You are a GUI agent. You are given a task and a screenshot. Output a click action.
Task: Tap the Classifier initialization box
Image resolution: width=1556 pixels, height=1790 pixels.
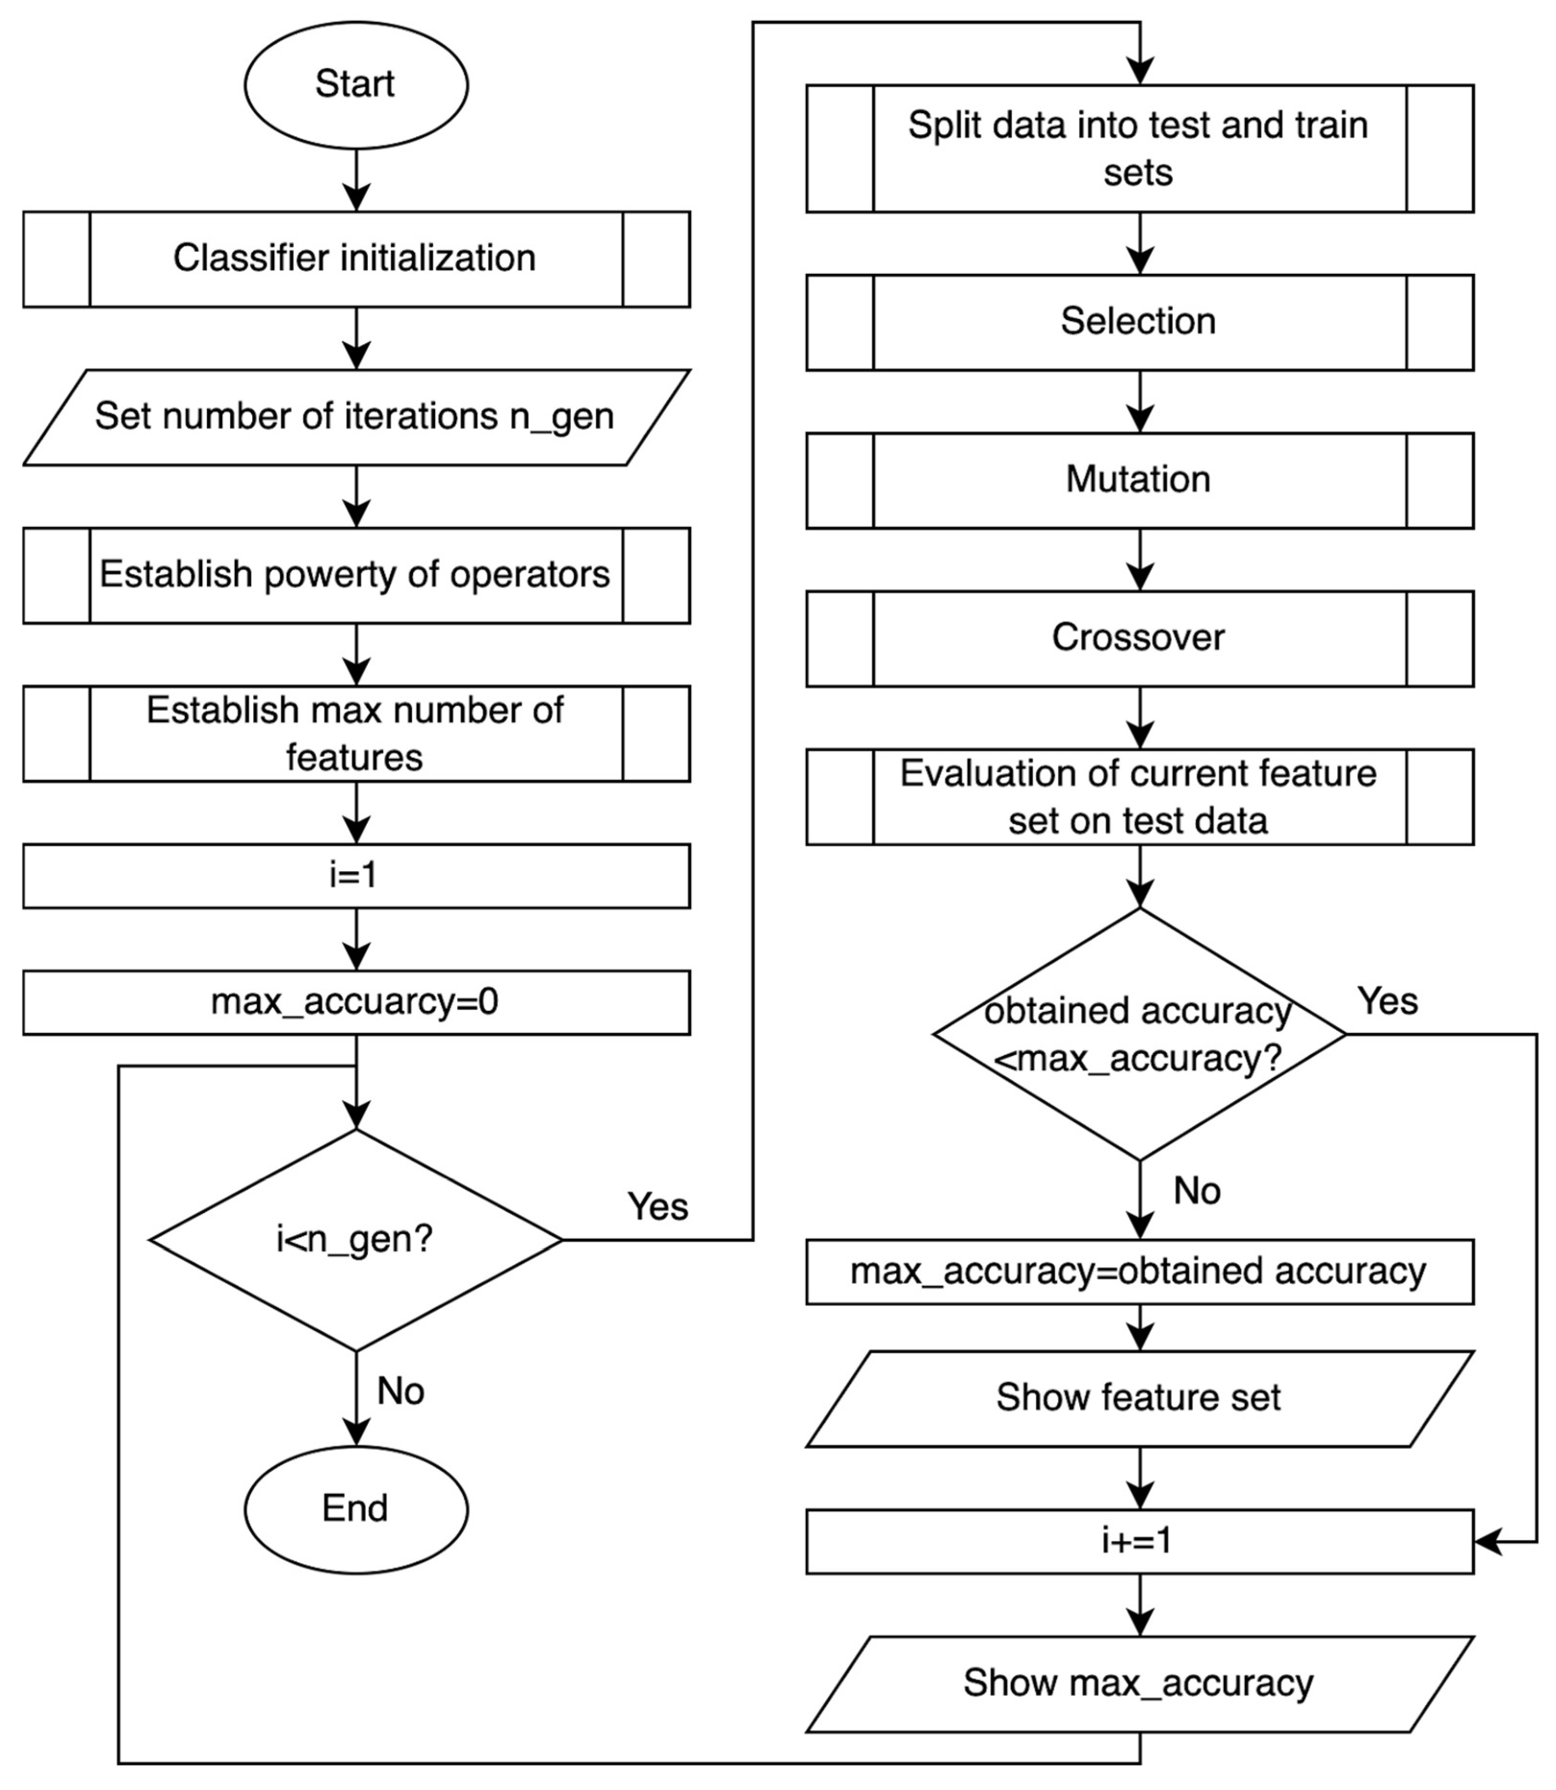(356, 259)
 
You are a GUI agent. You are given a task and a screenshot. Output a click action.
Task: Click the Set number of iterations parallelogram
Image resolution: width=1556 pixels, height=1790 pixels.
(356, 417)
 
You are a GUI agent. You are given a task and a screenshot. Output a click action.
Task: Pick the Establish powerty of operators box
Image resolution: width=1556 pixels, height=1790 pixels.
(356, 575)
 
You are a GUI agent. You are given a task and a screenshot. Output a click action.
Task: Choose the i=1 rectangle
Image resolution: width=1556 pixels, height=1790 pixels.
(356, 876)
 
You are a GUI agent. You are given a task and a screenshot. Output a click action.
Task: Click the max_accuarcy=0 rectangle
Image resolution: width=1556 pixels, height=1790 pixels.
(356, 1002)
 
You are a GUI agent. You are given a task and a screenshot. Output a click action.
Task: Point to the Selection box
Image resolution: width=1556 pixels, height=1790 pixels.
(1139, 322)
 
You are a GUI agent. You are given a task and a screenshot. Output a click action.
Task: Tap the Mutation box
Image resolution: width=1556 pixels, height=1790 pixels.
(1139, 480)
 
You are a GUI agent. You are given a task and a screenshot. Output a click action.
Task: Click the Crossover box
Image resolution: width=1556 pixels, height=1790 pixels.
(1139, 638)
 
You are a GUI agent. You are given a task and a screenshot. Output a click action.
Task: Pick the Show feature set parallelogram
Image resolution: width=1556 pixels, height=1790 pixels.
(1139, 1398)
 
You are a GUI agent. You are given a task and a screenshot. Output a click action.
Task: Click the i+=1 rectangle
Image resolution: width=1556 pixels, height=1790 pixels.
(1139, 1542)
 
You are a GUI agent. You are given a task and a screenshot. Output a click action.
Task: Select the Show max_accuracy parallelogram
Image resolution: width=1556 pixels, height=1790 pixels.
(1139, 1683)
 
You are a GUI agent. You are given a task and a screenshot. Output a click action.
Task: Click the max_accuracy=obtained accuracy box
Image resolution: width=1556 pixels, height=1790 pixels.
(1139, 1272)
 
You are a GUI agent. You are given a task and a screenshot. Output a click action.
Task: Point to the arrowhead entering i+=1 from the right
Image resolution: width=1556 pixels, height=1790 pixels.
(1487, 1542)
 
